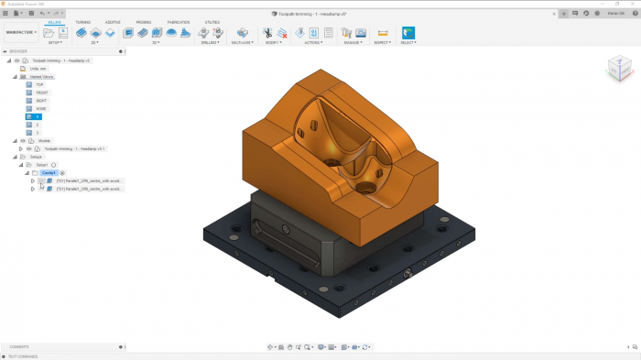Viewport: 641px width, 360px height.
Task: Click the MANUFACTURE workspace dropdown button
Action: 21,32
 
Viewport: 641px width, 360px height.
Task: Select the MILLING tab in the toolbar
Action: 55,22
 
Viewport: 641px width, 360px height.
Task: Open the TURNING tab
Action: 83,22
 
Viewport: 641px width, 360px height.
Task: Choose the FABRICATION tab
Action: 178,22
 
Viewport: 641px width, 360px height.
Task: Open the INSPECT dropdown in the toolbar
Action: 383,42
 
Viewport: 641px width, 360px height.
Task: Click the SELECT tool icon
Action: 407,33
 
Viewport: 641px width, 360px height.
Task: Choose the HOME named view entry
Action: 42,109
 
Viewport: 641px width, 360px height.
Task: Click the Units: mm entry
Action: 38,69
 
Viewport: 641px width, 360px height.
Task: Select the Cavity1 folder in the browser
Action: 49,172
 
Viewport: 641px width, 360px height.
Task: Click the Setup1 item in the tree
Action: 42,165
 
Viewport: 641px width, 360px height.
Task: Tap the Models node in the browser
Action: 44,141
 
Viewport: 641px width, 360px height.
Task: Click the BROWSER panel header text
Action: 19,51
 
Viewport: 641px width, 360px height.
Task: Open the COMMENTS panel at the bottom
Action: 20,347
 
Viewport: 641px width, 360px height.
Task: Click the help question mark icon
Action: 576,14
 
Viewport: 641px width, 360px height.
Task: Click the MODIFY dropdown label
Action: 273,42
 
